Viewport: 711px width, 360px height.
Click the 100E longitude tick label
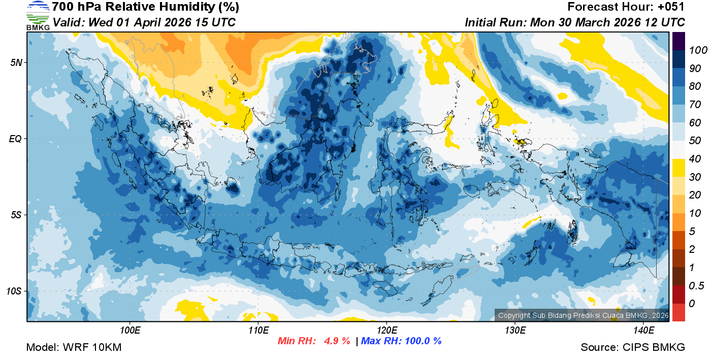(x=131, y=331)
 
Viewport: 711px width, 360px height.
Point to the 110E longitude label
(x=258, y=331)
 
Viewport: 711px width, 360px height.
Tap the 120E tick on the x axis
(x=387, y=331)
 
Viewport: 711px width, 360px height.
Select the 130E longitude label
(x=515, y=331)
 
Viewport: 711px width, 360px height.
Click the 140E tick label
(x=643, y=331)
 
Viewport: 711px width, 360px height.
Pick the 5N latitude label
(x=15, y=62)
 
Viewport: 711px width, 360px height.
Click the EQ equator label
(x=15, y=139)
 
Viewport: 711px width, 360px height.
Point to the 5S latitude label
(x=15, y=215)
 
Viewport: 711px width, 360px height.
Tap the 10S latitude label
(x=14, y=291)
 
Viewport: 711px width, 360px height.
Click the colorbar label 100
(x=695, y=50)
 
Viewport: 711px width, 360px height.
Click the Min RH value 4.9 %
(x=337, y=341)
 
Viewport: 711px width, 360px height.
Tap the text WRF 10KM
(x=92, y=348)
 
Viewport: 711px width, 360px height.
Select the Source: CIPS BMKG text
(x=633, y=348)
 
